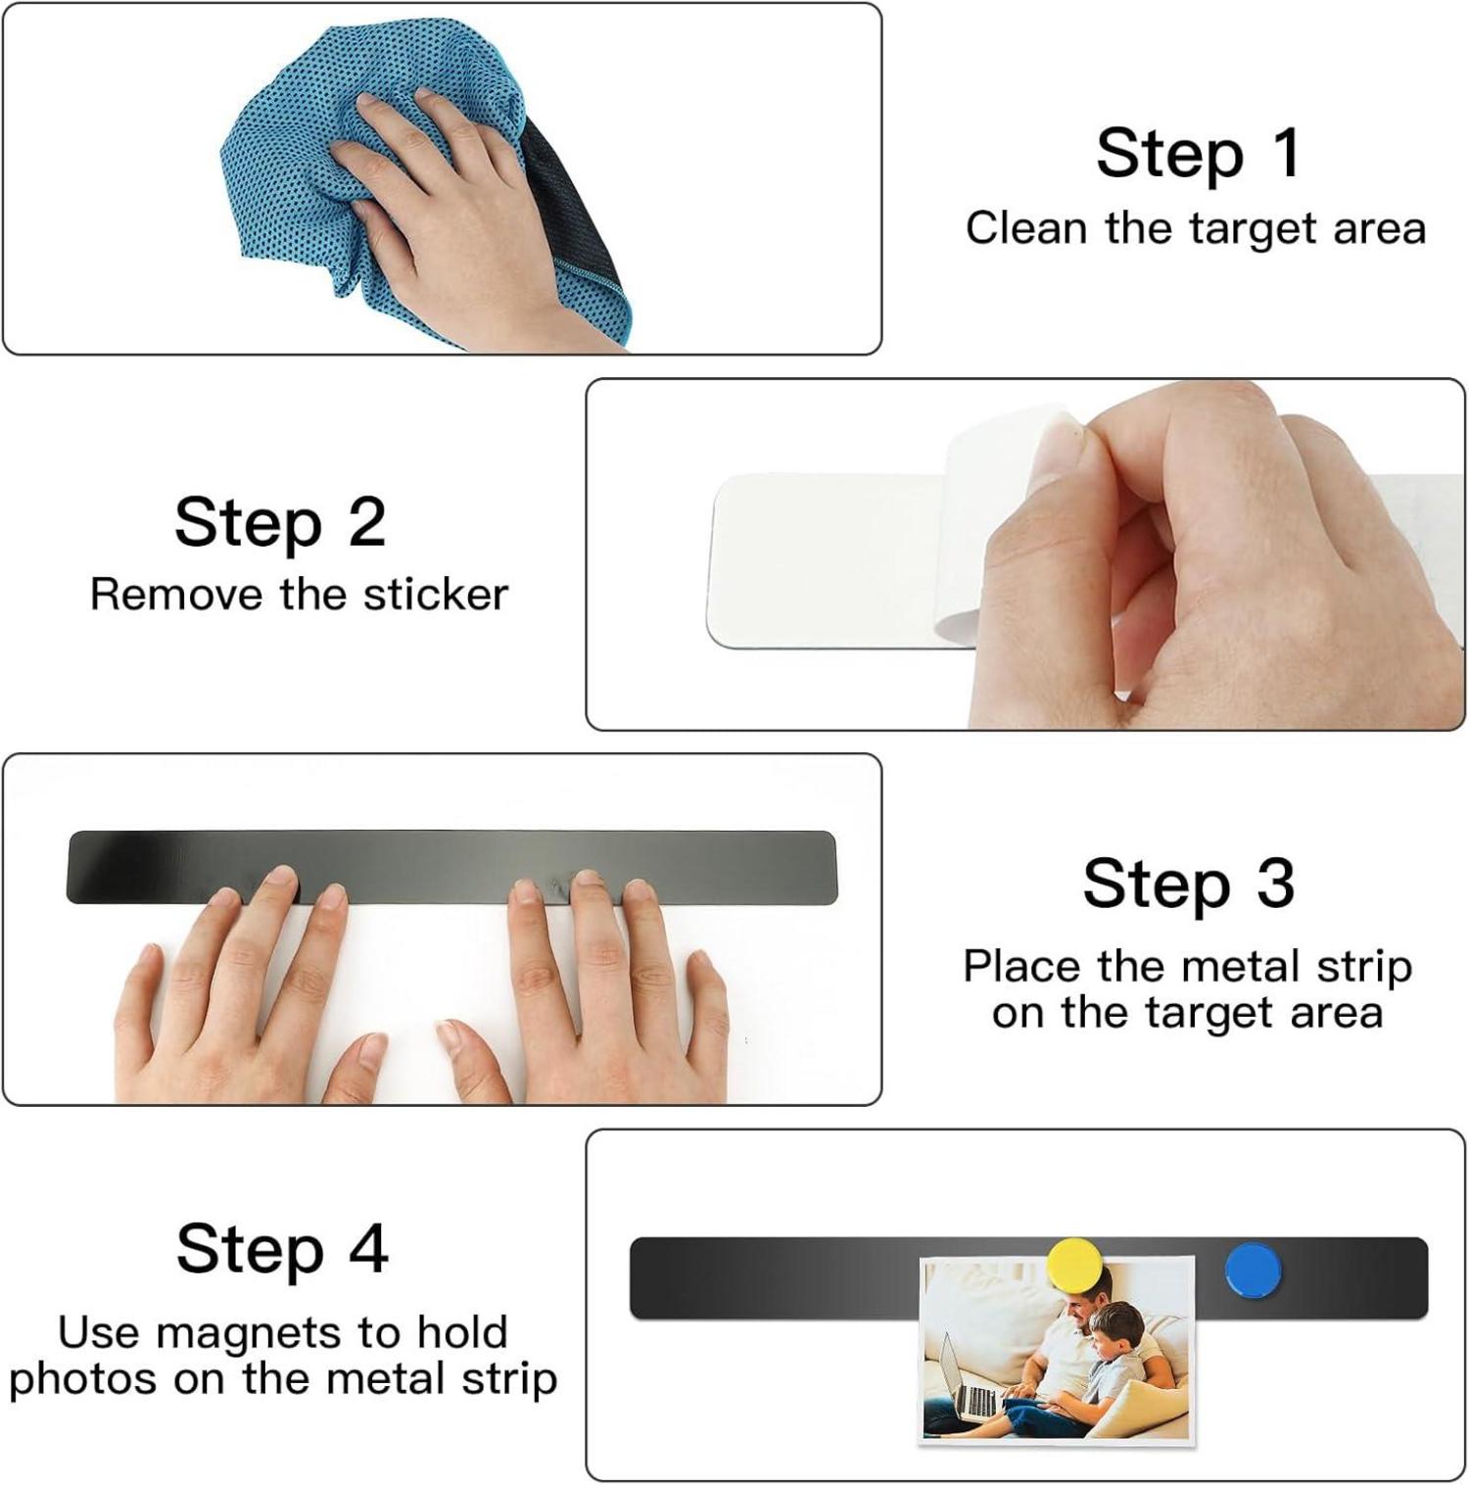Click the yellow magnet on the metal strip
point(1074,1267)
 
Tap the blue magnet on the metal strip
point(1253,1270)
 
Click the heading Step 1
point(1199,153)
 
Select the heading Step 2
point(280,522)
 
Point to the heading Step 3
point(1189,883)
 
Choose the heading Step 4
point(282,1249)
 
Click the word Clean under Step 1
point(1026,228)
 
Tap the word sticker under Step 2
point(436,595)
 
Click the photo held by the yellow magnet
point(1058,1350)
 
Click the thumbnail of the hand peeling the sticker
point(1025,554)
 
